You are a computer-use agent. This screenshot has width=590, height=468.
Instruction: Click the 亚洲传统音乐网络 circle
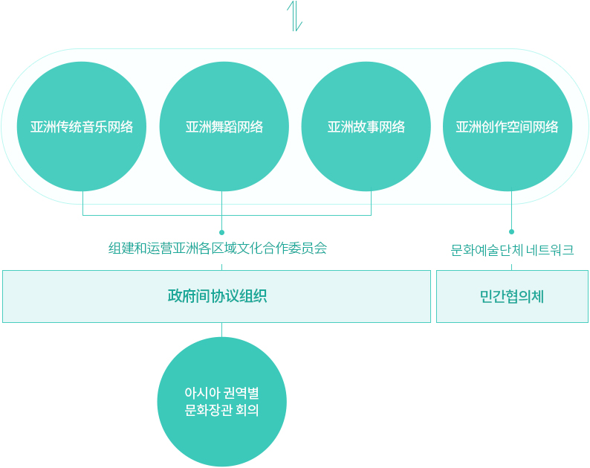82,126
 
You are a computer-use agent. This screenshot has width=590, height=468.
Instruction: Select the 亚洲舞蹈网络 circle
224,126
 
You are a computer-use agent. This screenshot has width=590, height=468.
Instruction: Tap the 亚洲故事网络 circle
366,126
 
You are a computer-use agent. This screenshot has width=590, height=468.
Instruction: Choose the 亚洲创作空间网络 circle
508,126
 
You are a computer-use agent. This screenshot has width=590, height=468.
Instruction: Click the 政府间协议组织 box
217,296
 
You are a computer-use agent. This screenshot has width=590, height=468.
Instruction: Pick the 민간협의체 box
512,296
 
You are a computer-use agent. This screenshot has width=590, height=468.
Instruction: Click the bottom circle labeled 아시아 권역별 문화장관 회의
222,402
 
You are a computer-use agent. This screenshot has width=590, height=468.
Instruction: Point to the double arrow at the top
294,16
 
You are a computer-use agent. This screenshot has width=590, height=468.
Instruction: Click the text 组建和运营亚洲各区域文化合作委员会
218,249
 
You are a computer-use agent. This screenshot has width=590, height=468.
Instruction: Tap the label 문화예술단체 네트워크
512,250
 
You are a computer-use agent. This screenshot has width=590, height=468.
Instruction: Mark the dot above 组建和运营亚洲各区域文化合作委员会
222,232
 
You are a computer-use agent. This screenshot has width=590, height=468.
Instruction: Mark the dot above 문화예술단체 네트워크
511,231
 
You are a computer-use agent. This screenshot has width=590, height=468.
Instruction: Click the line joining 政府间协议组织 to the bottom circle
221,330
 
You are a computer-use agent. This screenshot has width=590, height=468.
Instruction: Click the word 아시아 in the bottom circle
202,393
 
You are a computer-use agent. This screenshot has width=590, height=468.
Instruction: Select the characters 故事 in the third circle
366,127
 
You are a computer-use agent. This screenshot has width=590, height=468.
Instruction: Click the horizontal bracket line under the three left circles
227,215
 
